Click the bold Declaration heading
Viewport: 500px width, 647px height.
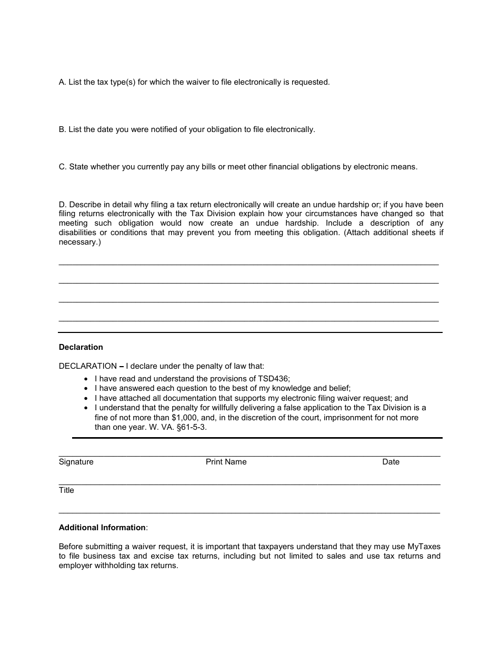(x=81, y=347)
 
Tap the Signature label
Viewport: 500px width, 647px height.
(x=76, y=462)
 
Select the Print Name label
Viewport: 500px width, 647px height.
(x=226, y=462)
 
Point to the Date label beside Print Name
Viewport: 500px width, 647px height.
(x=391, y=462)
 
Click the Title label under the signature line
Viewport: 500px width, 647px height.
(x=66, y=490)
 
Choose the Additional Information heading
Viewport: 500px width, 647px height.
(x=102, y=528)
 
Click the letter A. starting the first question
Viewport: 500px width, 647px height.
(x=62, y=82)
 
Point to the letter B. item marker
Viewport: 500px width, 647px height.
(x=62, y=129)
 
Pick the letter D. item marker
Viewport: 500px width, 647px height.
(x=62, y=205)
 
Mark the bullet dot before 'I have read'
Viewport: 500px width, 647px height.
(x=86, y=379)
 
